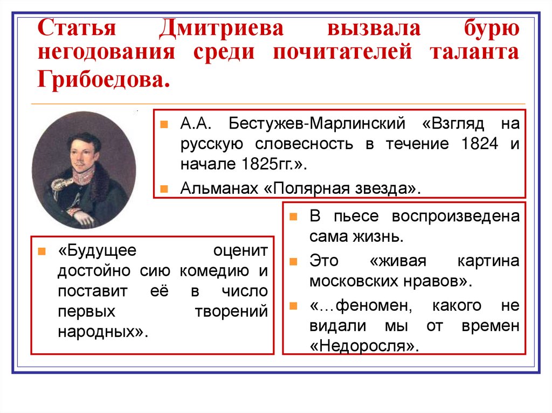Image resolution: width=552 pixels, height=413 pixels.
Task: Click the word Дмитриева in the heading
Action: (x=220, y=29)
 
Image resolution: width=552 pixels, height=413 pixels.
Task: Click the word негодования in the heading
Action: (x=105, y=53)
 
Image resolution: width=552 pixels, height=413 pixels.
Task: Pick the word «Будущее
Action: (x=97, y=251)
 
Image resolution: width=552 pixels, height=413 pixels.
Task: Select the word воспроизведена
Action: (x=456, y=216)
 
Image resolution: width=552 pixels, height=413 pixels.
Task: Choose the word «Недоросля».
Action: (x=364, y=345)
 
